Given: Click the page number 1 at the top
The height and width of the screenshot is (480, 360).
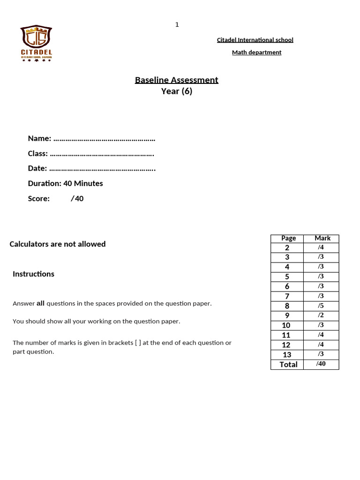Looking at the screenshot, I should coord(177,24).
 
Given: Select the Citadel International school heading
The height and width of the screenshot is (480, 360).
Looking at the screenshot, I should coord(255,40).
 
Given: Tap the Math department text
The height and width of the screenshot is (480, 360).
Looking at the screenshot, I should coord(256,52).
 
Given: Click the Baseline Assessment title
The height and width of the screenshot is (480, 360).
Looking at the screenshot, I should coord(176,80).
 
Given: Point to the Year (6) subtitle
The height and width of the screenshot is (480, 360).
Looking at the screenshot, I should coord(177,91).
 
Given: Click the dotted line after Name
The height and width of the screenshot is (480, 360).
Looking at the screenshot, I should coord(104,139).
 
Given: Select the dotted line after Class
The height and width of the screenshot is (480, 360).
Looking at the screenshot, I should coord(102,154).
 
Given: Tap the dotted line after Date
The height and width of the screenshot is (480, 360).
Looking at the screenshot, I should coord(102,169).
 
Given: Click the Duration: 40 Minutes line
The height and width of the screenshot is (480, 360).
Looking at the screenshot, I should coord(65,183).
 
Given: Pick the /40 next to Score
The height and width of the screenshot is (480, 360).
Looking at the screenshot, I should coord(77,198).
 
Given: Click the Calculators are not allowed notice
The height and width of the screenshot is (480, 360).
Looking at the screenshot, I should coord(58,244).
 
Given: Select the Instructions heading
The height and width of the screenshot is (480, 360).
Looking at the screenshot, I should coord(33,274).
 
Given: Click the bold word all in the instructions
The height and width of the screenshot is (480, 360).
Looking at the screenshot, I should coord(40,303).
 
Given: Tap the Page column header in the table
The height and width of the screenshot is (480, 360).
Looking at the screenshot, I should coord(288,238).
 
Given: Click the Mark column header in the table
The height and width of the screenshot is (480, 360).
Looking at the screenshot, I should coord(322,238).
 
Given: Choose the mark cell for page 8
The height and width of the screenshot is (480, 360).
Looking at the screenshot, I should coord(321,306).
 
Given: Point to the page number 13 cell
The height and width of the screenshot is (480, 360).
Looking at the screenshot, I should coord(287,355).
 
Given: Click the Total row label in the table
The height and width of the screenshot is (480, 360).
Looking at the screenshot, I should coord(288,364).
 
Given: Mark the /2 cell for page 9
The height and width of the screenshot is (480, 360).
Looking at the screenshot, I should coord(321,315).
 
